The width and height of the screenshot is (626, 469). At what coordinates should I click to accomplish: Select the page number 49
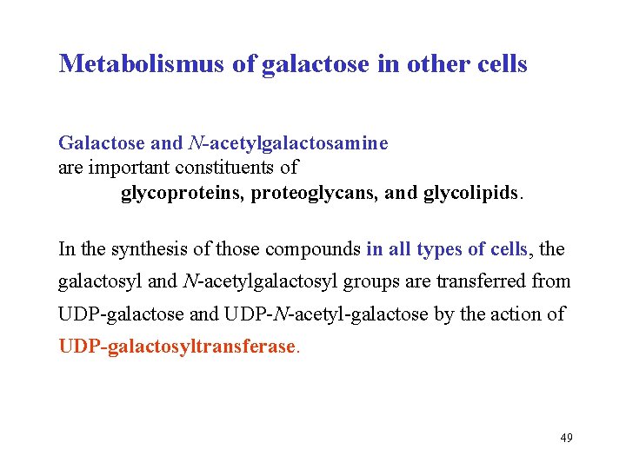click(566, 438)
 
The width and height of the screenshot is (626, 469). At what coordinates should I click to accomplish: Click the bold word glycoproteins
click(182, 192)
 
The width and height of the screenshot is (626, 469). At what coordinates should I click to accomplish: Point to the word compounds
click(313, 249)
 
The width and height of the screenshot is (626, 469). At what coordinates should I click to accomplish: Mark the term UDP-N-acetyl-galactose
click(337, 314)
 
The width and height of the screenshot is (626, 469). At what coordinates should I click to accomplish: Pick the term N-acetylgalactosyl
click(266, 281)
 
